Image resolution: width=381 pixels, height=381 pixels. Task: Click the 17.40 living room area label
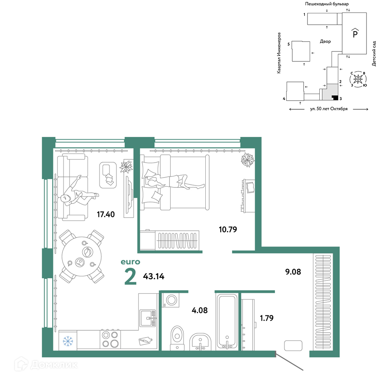click(x=106, y=214)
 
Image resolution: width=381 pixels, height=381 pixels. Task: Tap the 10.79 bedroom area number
click(x=228, y=229)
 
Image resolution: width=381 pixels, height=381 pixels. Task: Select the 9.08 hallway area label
click(x=293, y=272)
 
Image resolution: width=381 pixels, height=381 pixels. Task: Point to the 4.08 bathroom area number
click(x=200, y=310)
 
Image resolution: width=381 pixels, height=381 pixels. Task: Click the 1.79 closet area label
click(x=267, y=318)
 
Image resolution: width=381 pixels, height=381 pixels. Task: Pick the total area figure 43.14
click(x=154, y=276)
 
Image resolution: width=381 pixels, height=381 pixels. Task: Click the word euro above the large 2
click(x=130, y=262)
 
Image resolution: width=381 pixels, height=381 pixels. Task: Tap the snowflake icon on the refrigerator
click(x=68, y=341)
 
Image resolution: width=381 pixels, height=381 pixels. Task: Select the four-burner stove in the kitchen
click(x=110, y=339)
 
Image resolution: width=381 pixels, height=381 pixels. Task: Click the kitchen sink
click(x=148, y=318)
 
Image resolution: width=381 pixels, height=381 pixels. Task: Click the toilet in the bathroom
click(x=178, y=338)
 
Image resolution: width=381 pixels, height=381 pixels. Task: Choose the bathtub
click(x=227, y=322)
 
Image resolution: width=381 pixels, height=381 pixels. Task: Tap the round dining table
click(x=82, y=256)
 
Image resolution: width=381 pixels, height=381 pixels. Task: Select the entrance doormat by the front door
click(x=293, y=346)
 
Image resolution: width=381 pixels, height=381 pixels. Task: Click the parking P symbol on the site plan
click(x=355, y=33)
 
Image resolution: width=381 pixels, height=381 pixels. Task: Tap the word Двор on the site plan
click(x=325, y=42)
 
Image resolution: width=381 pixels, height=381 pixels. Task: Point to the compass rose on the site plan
click(x=358, y=79)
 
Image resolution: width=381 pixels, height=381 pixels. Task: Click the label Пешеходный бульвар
click(x=327, y=4)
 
